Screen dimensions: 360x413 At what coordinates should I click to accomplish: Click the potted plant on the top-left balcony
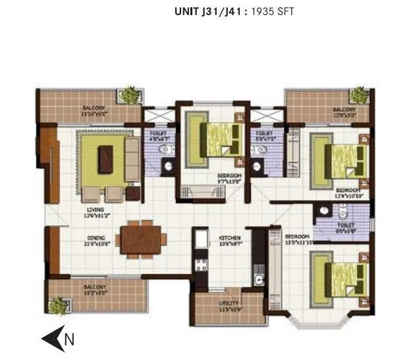pyautogui.click(x=130, y=95)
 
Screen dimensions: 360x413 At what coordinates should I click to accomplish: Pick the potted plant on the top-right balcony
pyautogui.click(x=359, y=95)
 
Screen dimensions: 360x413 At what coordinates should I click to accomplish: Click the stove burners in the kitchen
pyautogui.click(x=202, y=265)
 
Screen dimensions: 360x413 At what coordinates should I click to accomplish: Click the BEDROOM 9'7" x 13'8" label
pyautogui.click(x=230, y=176)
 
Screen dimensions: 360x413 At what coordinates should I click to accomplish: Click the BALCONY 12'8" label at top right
pyautogui.click(x=344, y=110)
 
